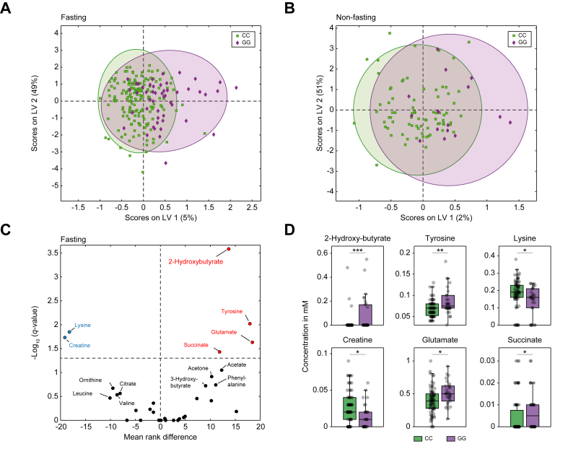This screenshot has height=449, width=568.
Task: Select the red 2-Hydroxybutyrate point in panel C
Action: [229, 248]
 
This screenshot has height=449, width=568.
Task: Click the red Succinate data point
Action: [219, 352]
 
